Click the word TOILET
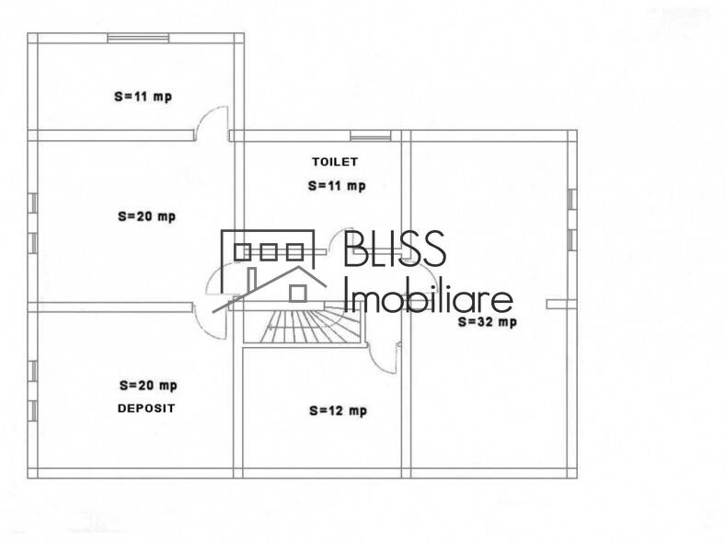click(x=334, y=161)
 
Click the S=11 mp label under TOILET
click(x=336, y=185)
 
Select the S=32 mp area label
click(x=487, y=322)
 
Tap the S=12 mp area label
click(x=337, y=411)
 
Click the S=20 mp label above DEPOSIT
click(x=147, y=386)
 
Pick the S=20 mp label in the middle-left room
click(x=145, y=217)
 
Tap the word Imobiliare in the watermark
click(x=427, y=297)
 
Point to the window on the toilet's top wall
click(x=371, y=136)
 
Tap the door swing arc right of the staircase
click(x=382, y=355)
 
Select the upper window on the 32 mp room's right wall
click(x=571, y=199)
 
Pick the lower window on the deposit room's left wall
click(x=32, y=411)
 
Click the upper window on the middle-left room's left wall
click(x=32, y=203)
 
